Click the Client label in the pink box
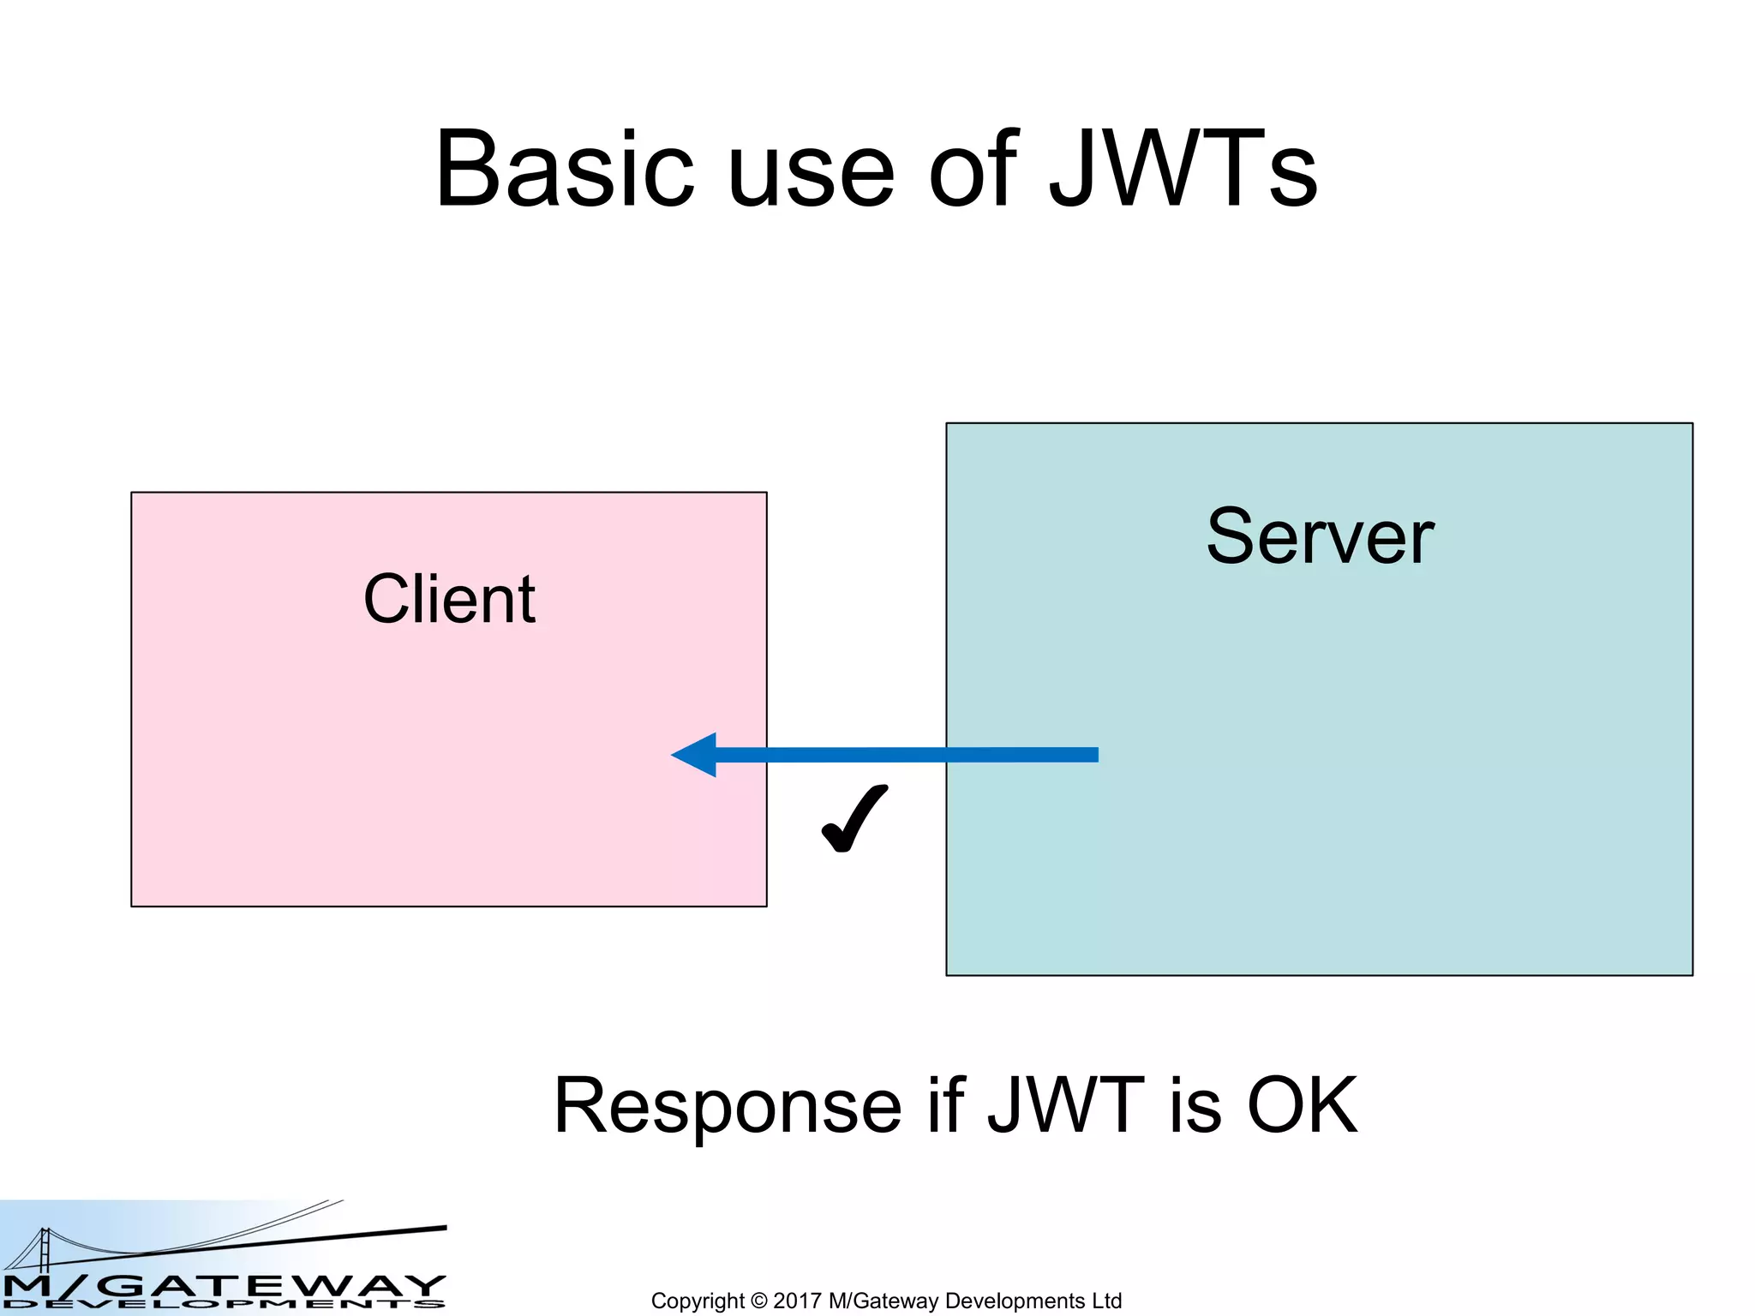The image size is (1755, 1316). [x=449, y=600]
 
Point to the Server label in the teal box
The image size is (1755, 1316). [x=1320, y=537]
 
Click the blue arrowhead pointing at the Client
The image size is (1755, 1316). [x=696, y=755]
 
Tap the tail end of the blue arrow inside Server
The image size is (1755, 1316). [x=1088, y=755]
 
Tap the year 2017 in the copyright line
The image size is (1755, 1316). [x=796, y=1301]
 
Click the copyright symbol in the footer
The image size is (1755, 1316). [x=758, y=1301]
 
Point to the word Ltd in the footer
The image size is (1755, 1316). [x=1106, y=1301]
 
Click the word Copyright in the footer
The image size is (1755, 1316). [x=697, y=1301]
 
